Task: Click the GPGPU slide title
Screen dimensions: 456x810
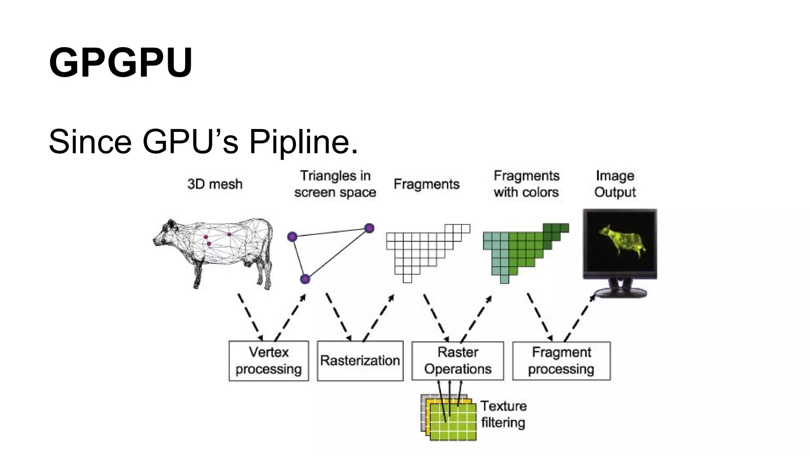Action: [x=121, y=63]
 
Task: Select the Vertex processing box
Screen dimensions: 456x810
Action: [x=269, y=361]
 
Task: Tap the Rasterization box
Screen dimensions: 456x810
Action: [x=360, y=361]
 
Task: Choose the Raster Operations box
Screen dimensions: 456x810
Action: [x=458, y=361]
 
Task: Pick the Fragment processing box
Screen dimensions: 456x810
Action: [x=561, y=361]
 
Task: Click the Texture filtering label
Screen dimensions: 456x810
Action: [x=503, y=414]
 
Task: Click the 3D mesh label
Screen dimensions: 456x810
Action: [x=215, y=184]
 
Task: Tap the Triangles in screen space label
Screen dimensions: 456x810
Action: [x=335, y=184]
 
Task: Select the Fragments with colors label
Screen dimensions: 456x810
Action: [x=526, y=184]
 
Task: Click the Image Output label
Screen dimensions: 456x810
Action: [x=615, y=184]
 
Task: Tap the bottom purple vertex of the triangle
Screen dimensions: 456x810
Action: [x=305, y=279]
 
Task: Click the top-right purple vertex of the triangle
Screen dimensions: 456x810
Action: [x=369, y=228]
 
